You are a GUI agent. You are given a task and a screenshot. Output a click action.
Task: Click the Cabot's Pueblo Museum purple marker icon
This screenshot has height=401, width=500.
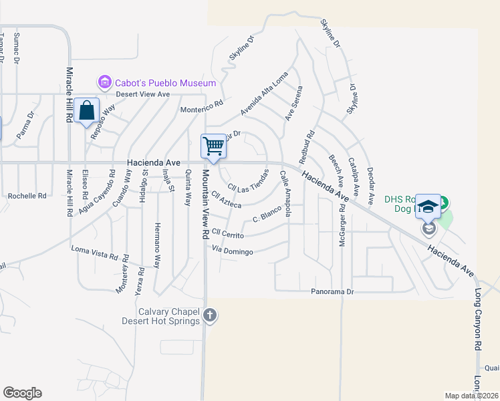click(104, 83)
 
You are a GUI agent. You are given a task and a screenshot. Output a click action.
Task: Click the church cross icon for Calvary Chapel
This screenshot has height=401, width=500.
click(210, 315)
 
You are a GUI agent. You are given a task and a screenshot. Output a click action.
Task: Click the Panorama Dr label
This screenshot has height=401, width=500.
click(332, 292)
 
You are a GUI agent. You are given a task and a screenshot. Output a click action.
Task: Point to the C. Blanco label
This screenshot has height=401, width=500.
click(265, 218)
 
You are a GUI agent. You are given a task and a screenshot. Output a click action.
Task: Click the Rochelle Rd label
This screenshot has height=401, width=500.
click(27, 196)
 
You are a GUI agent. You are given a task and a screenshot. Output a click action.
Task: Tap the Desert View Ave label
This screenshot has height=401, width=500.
click(144, 94)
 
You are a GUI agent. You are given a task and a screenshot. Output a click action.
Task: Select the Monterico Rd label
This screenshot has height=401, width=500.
click(201, 107)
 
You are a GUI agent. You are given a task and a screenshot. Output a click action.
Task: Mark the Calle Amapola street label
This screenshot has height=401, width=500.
click(285, 193)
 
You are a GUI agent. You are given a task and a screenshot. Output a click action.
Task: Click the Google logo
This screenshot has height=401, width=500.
click(22, 393)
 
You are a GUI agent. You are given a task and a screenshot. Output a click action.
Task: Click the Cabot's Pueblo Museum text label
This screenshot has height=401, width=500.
click(166, 83)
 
